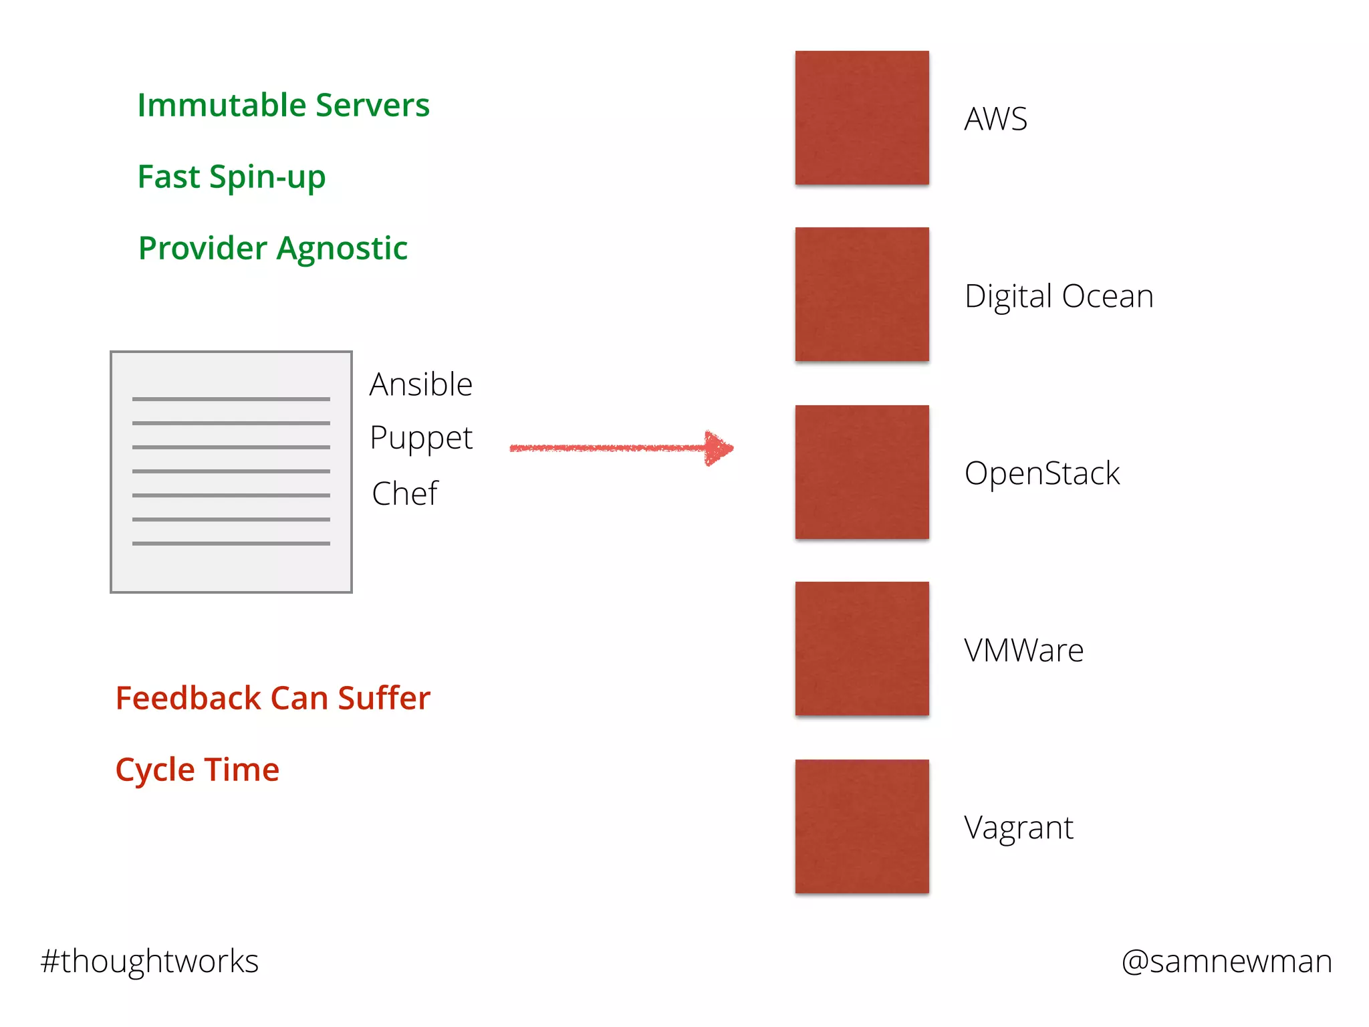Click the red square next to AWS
click(x=862, y=118)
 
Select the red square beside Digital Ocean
click(x=862, y=294)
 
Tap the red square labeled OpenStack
click(x=862, y=472)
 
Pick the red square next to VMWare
click(x=862, y=649)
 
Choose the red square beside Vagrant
click(x=862, y=826)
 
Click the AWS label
click(x=995, y=119)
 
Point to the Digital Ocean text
click(x=1059, y=296)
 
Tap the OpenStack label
click(x=1041, y=473)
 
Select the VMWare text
click(x=1023, y=651)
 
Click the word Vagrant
click(x=1018, y=828)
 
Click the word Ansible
click(x=421, y=384)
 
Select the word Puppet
click(x=421, y=439)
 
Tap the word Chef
click(x=405, y=494)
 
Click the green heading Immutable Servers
click(x=283, y=105)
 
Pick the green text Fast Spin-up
click(x=231, y=177)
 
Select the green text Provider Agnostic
click(x=273, y=248)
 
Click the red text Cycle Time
click(x=197, y=770)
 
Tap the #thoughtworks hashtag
click(x=150, y=961)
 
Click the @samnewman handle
click(x=1227, y=961)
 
